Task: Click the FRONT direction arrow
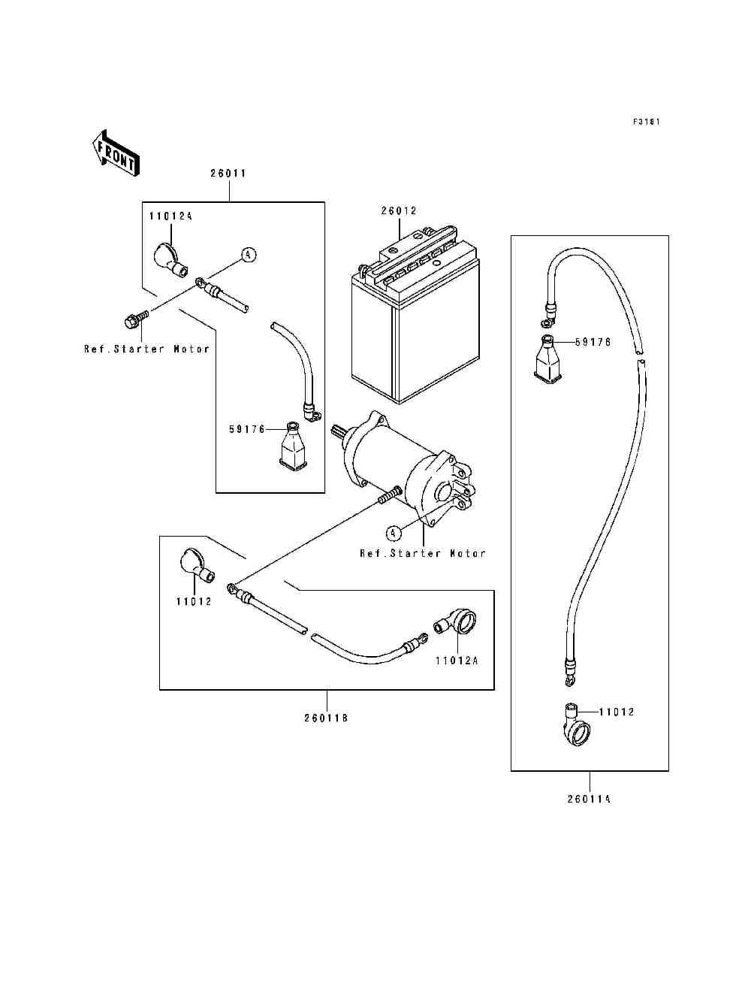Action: [116, 153]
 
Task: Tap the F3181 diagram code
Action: [647, 122]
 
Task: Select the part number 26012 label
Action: [399, 210]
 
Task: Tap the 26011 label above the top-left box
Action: [229, 174]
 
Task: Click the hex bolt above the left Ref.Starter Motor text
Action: [135, 320]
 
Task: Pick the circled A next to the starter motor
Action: [393, 533]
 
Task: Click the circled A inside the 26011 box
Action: [249, 255]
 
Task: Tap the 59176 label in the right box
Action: [593, 342]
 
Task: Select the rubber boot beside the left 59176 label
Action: [294, 447]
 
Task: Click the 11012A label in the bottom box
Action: [457, 673]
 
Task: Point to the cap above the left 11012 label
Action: [197, 565]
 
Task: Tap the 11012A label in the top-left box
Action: [170, 216]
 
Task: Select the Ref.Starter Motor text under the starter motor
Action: [423, 554]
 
